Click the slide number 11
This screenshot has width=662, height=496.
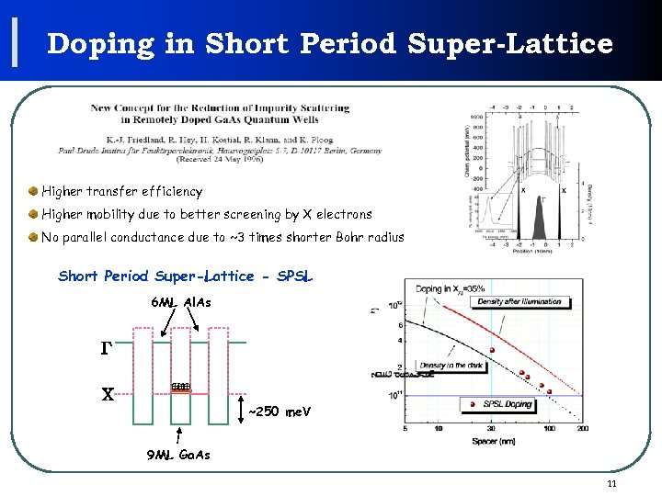(612, 484)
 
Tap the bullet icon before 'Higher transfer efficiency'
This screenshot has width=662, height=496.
(33, 191)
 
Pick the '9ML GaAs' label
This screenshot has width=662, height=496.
(178, 455)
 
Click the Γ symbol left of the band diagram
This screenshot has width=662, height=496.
(106, 348)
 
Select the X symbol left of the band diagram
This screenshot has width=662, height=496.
(107, 393)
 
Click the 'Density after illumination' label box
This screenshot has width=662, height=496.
(519, 301)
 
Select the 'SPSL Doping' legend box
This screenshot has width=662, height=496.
(508, 404)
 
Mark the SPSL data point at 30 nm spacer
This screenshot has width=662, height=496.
(493, 351)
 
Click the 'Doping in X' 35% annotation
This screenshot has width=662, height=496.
(451, 289)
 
